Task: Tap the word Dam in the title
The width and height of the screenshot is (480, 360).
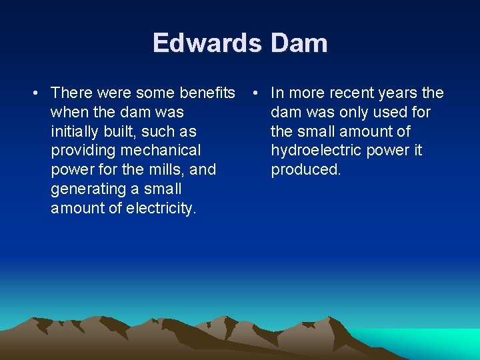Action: click(299, 43)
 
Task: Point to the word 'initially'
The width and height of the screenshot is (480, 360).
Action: click(76, 131)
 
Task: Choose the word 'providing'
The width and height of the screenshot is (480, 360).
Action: click(83, 151)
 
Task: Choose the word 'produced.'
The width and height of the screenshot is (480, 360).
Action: click(305, 169)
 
